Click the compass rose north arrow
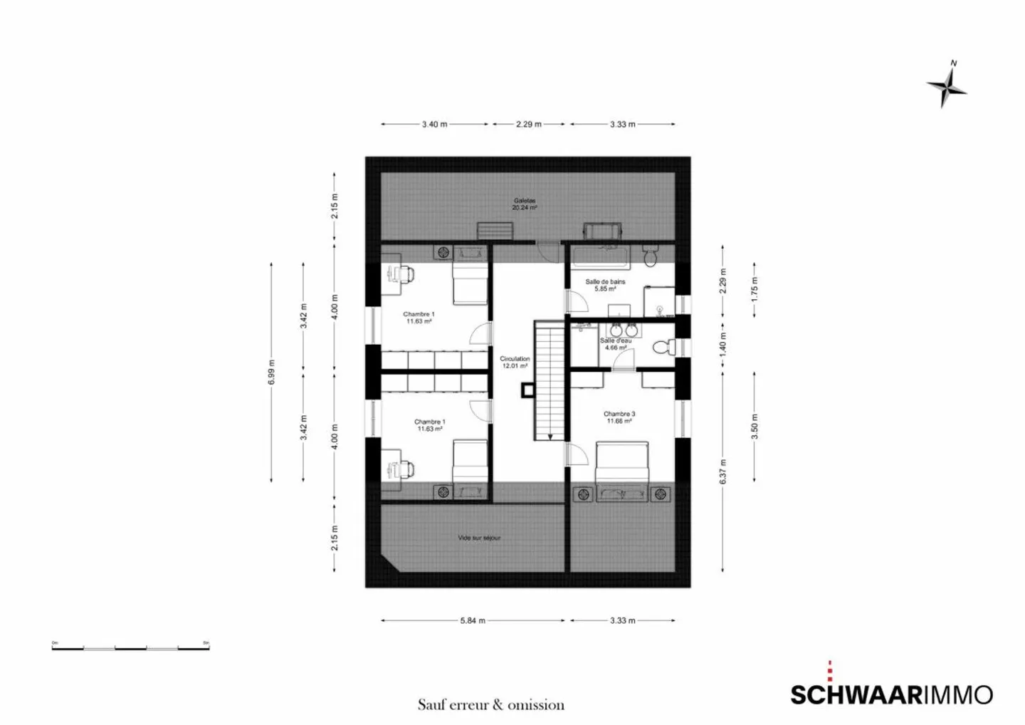pyautogui.click(x=947, y=85)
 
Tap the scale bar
pyautogui.click(x=130, y=647)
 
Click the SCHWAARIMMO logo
pyautogui.click(x=891, y=693)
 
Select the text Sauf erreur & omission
pyautogui.click(x=490, y=705)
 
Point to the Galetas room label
pyautogui.click(x=525, y=204)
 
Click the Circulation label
pyautogui.click(x=515, y=362)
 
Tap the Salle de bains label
pyautogui.click(x=605, y=285)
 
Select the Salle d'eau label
pyautogui.click(x=615, y=344)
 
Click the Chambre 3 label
pyautogui.click(x=619, y=417)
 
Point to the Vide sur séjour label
pyautogui.click(x=479, y=538)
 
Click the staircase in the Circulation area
pyautogui.click(x=550, y=381)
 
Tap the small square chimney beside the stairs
pyautogui.click(x=527, y=390)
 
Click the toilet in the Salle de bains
pyautogui.click(x=651, y=256)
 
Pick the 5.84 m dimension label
pyautogui.click(x=473, y=620)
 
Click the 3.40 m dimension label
pyautogui.click(x=434, y=124)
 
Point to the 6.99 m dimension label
pyautogui.click(x=271, y=372)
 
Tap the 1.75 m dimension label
pyautogui.click(x=755, y=286)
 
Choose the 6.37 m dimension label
pyautogui.click(x=722, y=471)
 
